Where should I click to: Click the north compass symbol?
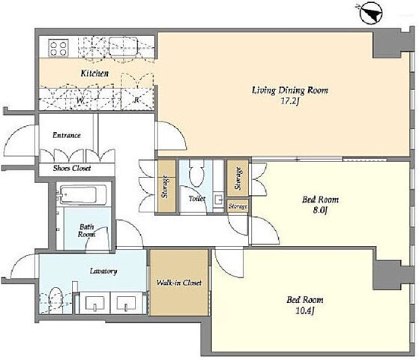pyautogui.click(x=372, y=13)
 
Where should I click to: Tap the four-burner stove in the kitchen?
pyautogui.click(x=58, y=48)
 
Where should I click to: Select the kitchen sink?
pyautogui.click(x=123, y=46)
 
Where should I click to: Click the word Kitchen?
pyautogui.click(x=94, y=73)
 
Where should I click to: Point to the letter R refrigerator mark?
pyautogui.click(x=136, y=100)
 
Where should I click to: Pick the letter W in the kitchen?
pyautogui.click(x=81, y=100)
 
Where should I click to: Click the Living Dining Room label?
pyautogui.click(x=290, y=90)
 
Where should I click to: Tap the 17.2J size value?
pyautogui.click(x=290, y=101)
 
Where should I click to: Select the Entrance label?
pyautogui.click(x=67, y=135)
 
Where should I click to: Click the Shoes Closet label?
pyautogui.click(x=72, y=168)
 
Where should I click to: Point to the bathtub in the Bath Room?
pyautogui.click(x=81, y=195)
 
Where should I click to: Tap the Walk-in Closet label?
pyautogui.click(x=179, y=283)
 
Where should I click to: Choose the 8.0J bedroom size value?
pyautogui.click(x=320, y=210)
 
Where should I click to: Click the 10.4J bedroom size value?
pyautogui.click(x=305, y=310)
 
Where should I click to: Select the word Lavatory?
pyautogui.click(x=103, y=271)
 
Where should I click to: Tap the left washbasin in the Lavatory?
pyautogui.click(x=94, y=304)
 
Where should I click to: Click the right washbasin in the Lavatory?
pyautogui.click(x=126, y=304)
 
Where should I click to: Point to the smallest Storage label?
pyautogui.click(x=238, y=207)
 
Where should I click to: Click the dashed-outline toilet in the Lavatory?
pyautogui.click(x=55, y=300)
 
